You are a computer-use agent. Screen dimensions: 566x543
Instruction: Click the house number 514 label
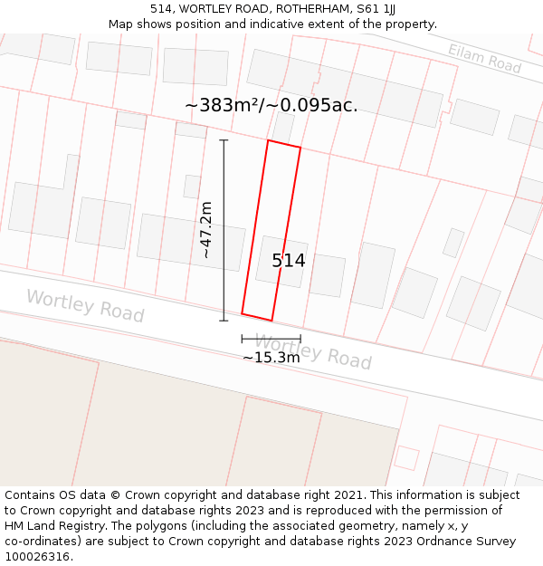[x=289, y=261]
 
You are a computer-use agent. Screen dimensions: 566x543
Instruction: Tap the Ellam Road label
[x=484, y=59]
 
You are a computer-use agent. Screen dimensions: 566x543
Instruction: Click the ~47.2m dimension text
[x=206, y=230]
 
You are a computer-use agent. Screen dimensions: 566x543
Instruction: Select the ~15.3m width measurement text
[x=271, y=358]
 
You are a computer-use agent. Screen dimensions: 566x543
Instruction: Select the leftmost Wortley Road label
[x=84, y=305]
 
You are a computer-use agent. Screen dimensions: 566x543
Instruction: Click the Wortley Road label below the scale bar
[x=312, y=350]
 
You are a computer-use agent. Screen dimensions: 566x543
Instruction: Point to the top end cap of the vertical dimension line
[x=224, y=140]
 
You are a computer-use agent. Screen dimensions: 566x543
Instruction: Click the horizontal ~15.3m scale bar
[x=271, y=339]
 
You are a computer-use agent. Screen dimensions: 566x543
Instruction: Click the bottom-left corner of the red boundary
[x=242, y=313]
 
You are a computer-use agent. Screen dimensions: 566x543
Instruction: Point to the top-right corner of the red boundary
[x=300, y=148]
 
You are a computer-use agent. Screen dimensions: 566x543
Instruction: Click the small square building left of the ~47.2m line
[x=192, y=187]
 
